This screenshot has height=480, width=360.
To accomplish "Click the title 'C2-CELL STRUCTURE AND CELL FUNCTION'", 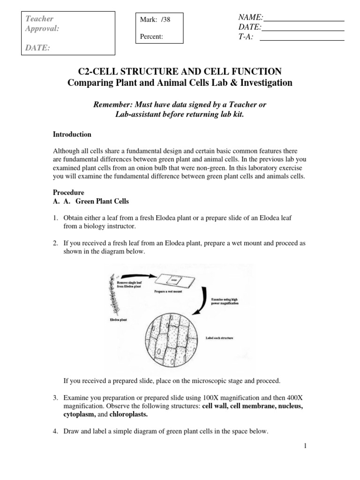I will (180, 71).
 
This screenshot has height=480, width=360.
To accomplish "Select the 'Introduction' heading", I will (72, 135).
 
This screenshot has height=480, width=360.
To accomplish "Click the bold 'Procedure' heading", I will (68, 193).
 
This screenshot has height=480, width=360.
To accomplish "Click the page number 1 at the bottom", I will (305, 446).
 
